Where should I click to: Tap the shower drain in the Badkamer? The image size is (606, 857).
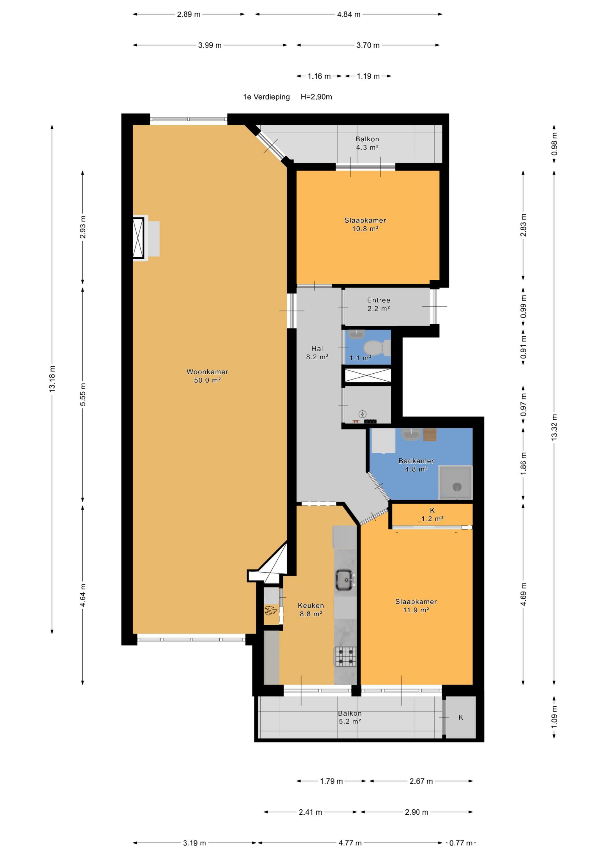[457, 487]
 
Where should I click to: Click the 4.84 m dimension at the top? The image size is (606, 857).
[348, 15]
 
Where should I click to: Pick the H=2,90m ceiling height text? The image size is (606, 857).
[316, 97]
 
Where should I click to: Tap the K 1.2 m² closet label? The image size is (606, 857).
[432, 514]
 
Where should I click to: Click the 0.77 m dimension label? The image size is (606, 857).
[460, 843]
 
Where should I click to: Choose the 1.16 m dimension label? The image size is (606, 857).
[319, 76]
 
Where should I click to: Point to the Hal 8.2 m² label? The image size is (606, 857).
[317, 352]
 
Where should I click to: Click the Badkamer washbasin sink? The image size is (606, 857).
[411, 434]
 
